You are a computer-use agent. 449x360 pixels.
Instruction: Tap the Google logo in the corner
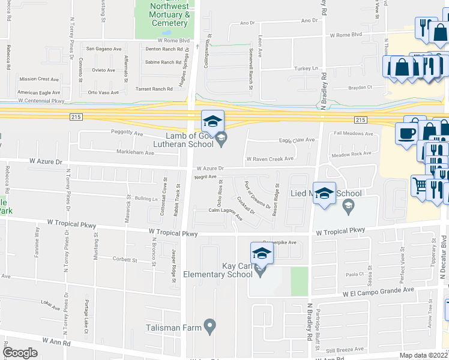point(20,353)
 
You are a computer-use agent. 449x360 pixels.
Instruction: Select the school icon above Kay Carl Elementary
point(261,254)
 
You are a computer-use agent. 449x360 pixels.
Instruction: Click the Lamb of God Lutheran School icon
point(212,122)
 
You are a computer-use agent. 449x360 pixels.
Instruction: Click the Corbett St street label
point(125,260)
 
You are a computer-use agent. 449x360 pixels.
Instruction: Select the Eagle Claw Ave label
point(297,140)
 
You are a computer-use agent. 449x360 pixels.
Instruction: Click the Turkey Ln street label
point(306,68)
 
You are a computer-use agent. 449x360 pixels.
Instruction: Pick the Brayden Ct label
point(360,87)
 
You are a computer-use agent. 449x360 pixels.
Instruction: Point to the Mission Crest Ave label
point(39,79)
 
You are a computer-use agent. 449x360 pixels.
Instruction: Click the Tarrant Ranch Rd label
point(155,89)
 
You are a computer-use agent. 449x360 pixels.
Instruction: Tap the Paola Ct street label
point(355,274)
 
